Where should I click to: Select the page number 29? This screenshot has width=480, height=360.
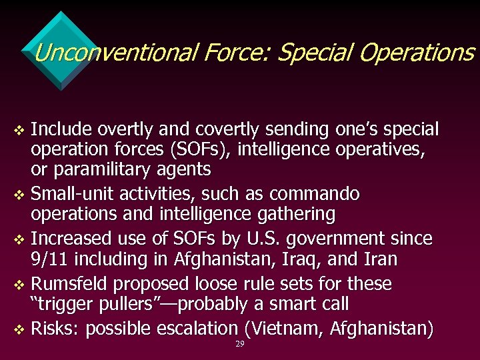pos(239,344)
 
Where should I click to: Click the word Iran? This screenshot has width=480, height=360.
pos(378,259)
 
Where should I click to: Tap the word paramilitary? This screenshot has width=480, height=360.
pos(99,170)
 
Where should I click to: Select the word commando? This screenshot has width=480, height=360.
pos(315,194)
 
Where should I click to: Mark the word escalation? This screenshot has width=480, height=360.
pos(200,328)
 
